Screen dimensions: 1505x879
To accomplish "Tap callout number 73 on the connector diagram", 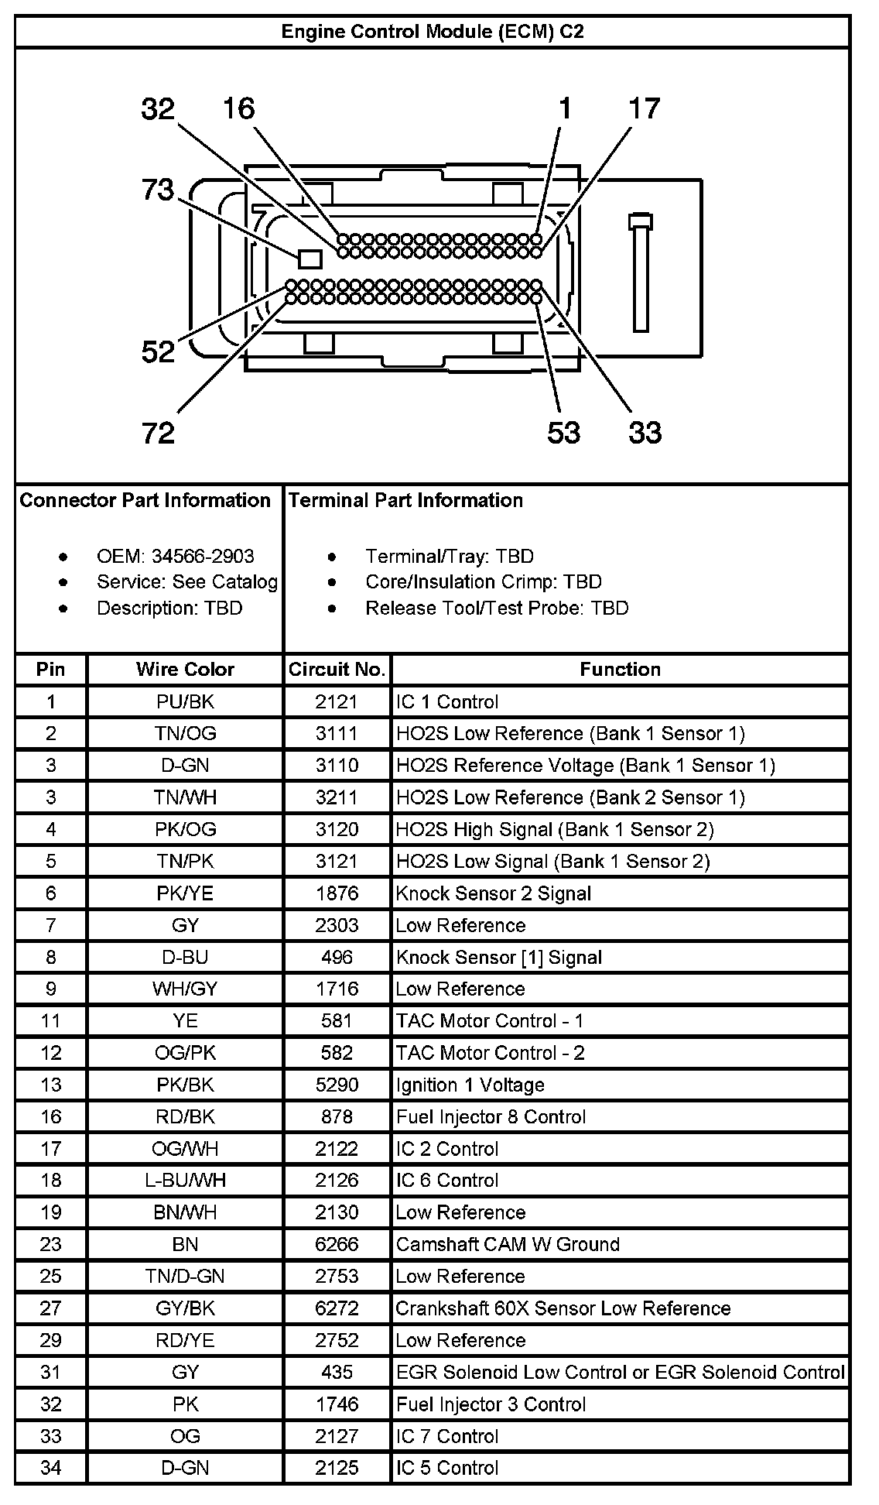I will click(x=158, y=190).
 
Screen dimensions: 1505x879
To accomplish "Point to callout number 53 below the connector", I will click(x=563, y=432).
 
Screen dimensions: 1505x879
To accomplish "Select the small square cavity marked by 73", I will click(x=310, y=259).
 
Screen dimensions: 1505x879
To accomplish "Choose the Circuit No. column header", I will click(x=337, y=670).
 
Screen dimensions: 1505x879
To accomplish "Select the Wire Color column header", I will click(x=185, y=670).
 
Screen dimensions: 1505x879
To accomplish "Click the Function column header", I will click(x=620, y=670).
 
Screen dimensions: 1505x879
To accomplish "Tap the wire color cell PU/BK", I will click(x=185, y=701).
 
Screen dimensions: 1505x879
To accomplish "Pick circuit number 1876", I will click(x=337, y=893).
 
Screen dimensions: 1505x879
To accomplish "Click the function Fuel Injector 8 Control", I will click(x=491, y=1116).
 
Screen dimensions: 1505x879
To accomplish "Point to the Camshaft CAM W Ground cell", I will click(x=508, y=1244).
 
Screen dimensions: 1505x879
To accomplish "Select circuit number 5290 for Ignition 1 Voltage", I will click(x=337, y=1085).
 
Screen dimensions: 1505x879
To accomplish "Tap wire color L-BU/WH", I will click(x=185, y=1181).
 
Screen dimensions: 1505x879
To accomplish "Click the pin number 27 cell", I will click(x=51, y=1308).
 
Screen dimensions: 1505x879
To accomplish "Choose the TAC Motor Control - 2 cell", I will click(x=490, y=1053).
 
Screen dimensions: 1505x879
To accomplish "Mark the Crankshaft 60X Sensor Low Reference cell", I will click(x=563, y=1308).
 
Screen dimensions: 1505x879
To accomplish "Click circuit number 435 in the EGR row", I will click(x=337, y=1373).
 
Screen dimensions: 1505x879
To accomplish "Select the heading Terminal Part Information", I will click(x=405, y=500).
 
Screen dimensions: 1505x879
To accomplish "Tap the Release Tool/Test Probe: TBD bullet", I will click(x=497, y=608).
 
